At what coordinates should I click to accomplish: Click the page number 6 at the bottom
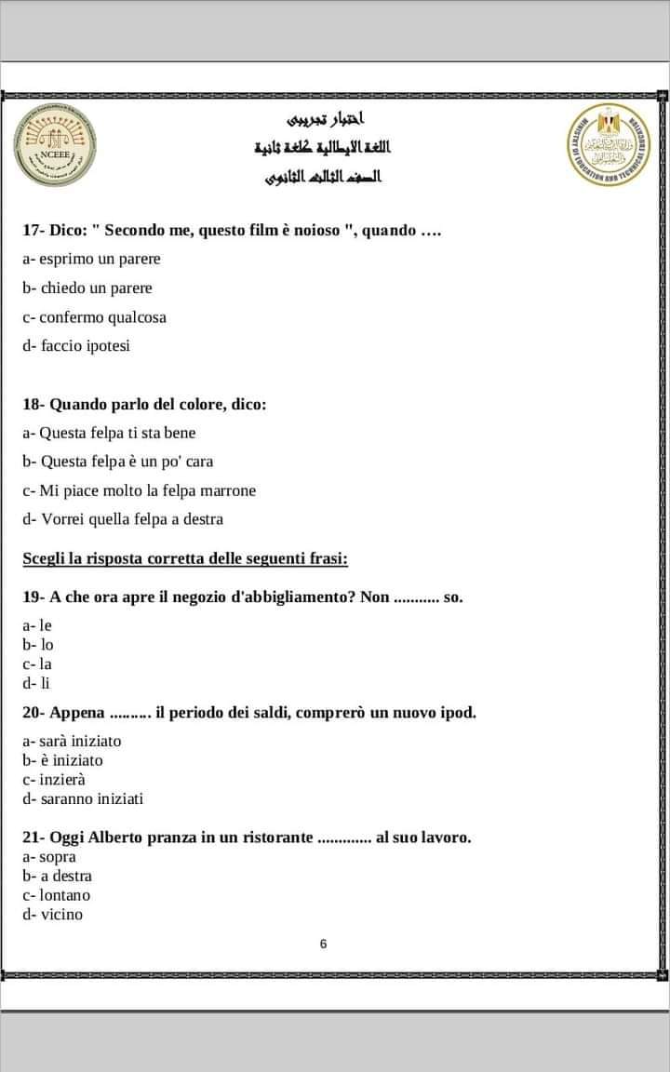click(x=323, y=944)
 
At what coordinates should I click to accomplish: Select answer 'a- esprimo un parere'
click(x=91, y=259)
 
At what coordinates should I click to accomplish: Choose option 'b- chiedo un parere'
click(x=87, y=288)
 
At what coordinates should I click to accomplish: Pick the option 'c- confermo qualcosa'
click(x=94, y=316)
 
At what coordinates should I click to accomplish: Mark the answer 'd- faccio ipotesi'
click(x=77, y=345)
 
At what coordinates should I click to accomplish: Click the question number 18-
click(x=33, y=404)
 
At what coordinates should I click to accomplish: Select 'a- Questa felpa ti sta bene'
click(x=109, y=433)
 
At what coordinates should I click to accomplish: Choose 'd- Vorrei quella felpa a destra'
click(x=123, y=519)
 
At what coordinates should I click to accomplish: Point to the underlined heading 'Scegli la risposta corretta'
click(x=185, y=558)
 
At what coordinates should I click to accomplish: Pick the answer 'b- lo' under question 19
click(x=38, y=644)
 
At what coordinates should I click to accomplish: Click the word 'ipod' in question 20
click(x=458, y=713)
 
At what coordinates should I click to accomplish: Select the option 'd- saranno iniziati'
click(x=83, y=798)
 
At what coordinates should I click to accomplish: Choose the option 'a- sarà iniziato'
click(x=72, y=741)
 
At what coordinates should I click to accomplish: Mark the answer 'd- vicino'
click(x=53, y=914)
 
